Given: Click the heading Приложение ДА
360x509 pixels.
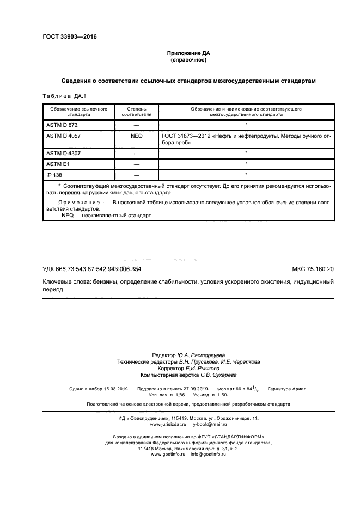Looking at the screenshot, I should pyautogui.click(x=188, y=53).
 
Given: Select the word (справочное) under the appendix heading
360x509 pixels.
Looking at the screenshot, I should pyautogui.click(x=188, y=60).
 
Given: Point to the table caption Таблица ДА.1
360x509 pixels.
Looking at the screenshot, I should pyautogui.click(x=64, y=96).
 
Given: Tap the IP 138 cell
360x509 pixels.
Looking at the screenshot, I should pyautogui.click(x=54, y=174).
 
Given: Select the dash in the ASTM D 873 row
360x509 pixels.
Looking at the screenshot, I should pyautogui.click(x=137, y=125).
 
